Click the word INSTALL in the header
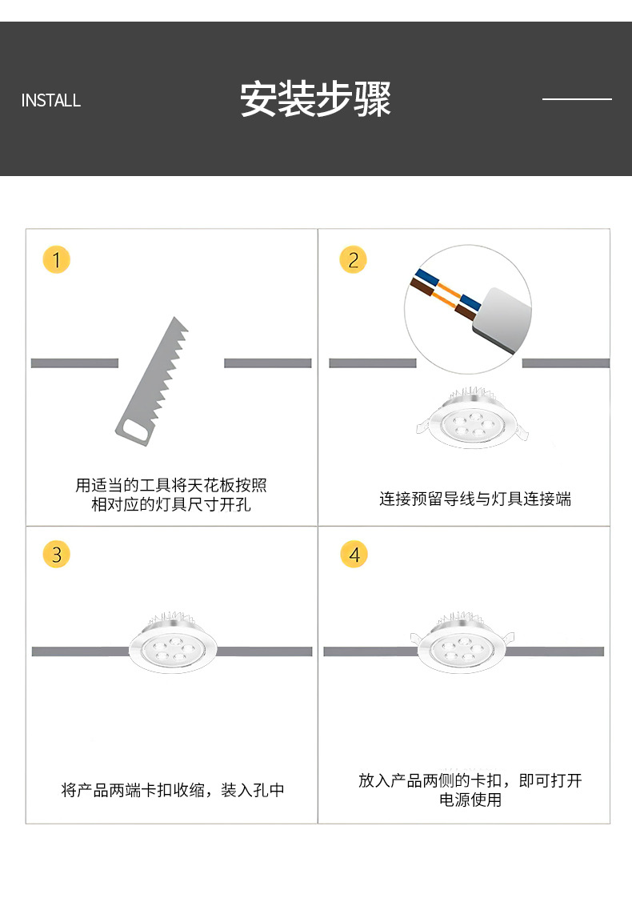pos(50,101)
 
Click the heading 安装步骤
pos(315,99)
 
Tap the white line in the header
pos(577,99)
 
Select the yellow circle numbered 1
pos(56,259)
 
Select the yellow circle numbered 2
pos(353,259)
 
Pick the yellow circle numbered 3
pos(56,554)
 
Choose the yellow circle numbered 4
pos(354,554)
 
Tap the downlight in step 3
pos(171,643)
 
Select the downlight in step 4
pos(462,643)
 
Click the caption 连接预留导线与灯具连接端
pos(475,499)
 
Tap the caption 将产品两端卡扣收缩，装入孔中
pos(173,790)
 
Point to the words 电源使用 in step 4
pos(470,800)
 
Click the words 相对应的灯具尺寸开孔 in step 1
pos(171,504)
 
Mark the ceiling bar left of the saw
pos(74,363)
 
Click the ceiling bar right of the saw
pos(267,363)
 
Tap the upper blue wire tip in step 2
pos(426,277)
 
